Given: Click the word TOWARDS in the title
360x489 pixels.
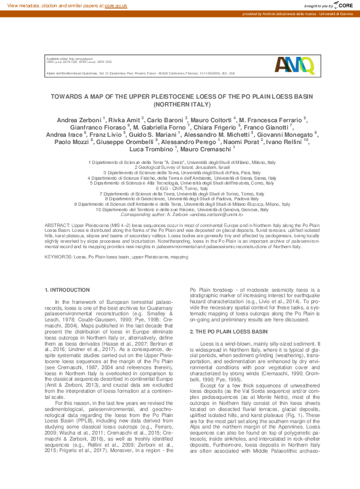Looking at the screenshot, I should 67,96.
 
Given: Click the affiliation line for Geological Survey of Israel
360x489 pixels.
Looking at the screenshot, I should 180,168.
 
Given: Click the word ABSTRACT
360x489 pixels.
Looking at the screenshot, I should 58,224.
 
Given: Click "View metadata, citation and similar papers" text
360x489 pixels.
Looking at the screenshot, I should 54,5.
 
